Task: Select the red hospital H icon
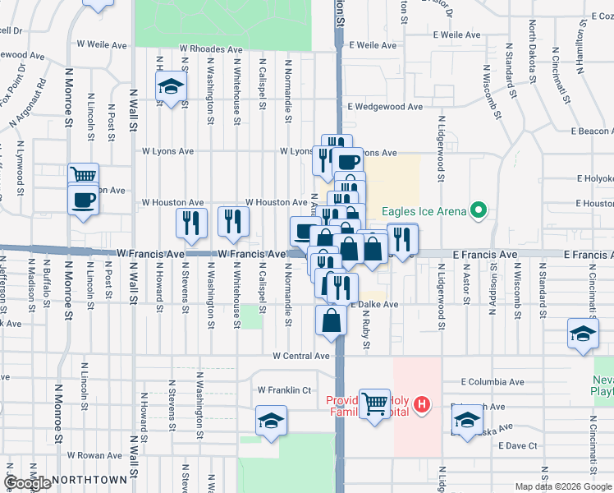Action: (421, 403)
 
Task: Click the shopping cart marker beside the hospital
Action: (375, 404)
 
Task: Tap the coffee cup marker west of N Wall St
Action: (84, 200)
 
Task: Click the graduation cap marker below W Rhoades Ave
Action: (170, 86)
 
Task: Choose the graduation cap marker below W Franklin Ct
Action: (269, 422)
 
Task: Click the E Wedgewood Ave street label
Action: (384, 107)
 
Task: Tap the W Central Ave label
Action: (301, 357)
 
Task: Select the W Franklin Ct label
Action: (285, 390)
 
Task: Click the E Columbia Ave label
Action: (492, 382)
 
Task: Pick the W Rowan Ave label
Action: (94, 455)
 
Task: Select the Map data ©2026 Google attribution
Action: (562, 486)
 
